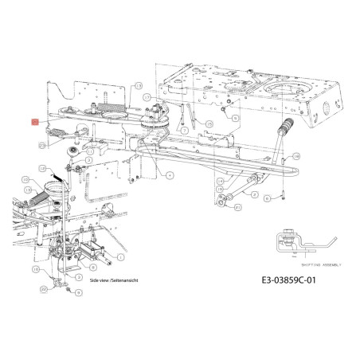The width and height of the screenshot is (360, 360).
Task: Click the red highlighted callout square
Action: point(34,122)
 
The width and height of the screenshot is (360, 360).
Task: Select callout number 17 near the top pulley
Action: point(138,84)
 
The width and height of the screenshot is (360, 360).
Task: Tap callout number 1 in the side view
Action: point(119,256)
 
